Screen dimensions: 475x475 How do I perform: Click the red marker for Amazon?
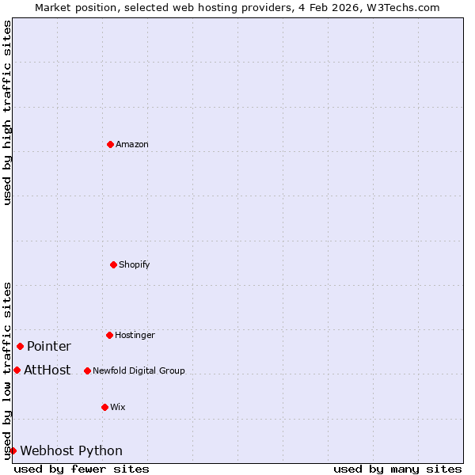click(110, 144)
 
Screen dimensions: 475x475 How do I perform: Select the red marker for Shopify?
click(113, 264)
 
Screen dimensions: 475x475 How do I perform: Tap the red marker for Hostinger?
click(109, 335)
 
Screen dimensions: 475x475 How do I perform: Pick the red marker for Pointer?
click(20, 346)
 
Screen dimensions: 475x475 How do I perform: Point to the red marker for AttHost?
click(17, 370)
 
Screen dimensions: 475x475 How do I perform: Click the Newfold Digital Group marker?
click(87, 370)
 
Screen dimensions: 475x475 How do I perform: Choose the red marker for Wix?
click(104, 407)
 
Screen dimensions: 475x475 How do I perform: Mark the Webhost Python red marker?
click(13, 450)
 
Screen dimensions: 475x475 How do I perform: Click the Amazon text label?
click(132, 144)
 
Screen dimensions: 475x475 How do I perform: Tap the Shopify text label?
click(135, 264)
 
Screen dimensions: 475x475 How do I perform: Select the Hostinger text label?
click(135, 335)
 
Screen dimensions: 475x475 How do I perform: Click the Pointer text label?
click(49, 346)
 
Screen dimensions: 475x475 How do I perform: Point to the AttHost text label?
click(47, 370)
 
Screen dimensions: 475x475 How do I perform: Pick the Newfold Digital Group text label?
click(139, 370)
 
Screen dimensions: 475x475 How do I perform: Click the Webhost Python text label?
click(71, 450)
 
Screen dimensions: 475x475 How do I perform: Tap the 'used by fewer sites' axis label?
click(82, 469)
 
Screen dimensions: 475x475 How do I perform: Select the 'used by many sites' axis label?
click(397, 469)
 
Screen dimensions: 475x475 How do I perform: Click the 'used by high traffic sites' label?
click(7, 112)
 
